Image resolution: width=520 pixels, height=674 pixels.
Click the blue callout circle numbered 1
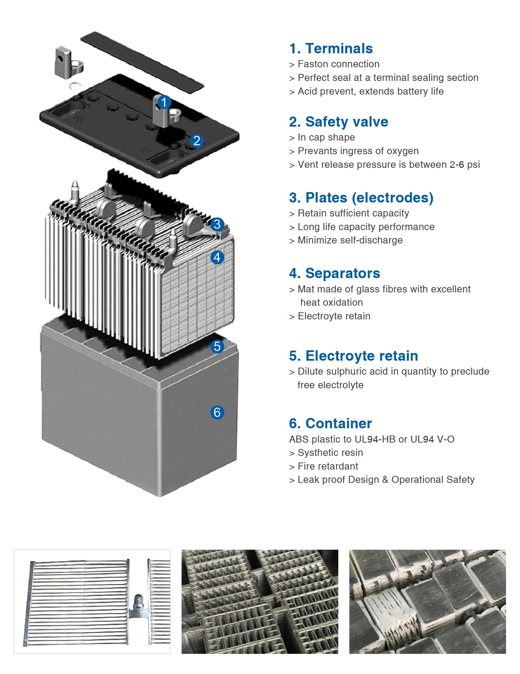164,102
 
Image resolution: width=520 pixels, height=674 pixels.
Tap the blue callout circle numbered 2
197,141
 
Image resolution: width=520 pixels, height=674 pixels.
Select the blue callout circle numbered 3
217,224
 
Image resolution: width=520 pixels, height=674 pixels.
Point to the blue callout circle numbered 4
217,257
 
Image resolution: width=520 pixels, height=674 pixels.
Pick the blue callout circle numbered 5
217,346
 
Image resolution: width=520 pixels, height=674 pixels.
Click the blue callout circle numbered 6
217,412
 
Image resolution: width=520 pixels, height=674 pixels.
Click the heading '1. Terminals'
331,49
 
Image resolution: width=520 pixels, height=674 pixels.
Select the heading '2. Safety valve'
338,122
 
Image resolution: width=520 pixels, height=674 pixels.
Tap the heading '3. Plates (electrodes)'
361,198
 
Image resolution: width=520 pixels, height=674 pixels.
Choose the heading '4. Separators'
334,273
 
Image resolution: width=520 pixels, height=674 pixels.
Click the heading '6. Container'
330,424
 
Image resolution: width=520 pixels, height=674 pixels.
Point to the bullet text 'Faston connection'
338,64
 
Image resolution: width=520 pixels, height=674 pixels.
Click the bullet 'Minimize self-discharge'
350,240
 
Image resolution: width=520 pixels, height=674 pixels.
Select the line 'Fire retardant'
328,466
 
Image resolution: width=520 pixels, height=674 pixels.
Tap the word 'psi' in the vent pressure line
473,165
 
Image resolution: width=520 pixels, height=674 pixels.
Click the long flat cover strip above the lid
142,62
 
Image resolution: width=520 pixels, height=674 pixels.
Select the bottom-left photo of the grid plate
92,601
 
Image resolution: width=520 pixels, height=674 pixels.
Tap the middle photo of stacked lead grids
260,601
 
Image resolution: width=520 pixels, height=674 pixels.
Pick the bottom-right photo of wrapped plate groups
427,601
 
